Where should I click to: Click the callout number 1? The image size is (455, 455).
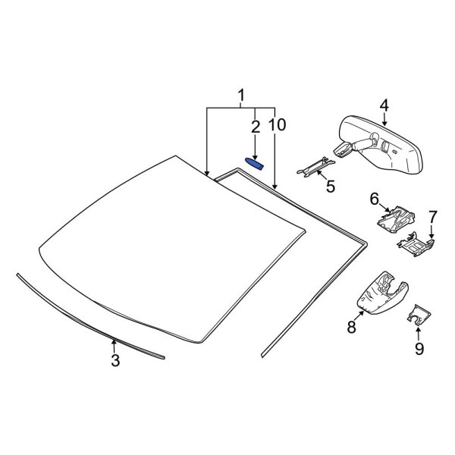coord(241,96)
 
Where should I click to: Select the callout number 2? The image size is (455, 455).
coord(256,125)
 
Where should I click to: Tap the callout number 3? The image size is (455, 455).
coord(115,362)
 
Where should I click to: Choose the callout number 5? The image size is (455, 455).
coord(330,184)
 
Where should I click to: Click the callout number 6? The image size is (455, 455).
coord(375,199)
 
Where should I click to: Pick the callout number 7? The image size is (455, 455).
coord(432,218)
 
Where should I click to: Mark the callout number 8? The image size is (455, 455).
coord(351,327)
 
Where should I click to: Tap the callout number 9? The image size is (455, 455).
coord(418,349)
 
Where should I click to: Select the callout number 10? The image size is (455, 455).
coord(277,125)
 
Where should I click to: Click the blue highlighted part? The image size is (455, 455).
coord(255,164)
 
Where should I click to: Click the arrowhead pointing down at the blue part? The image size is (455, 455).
coord(256,154)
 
